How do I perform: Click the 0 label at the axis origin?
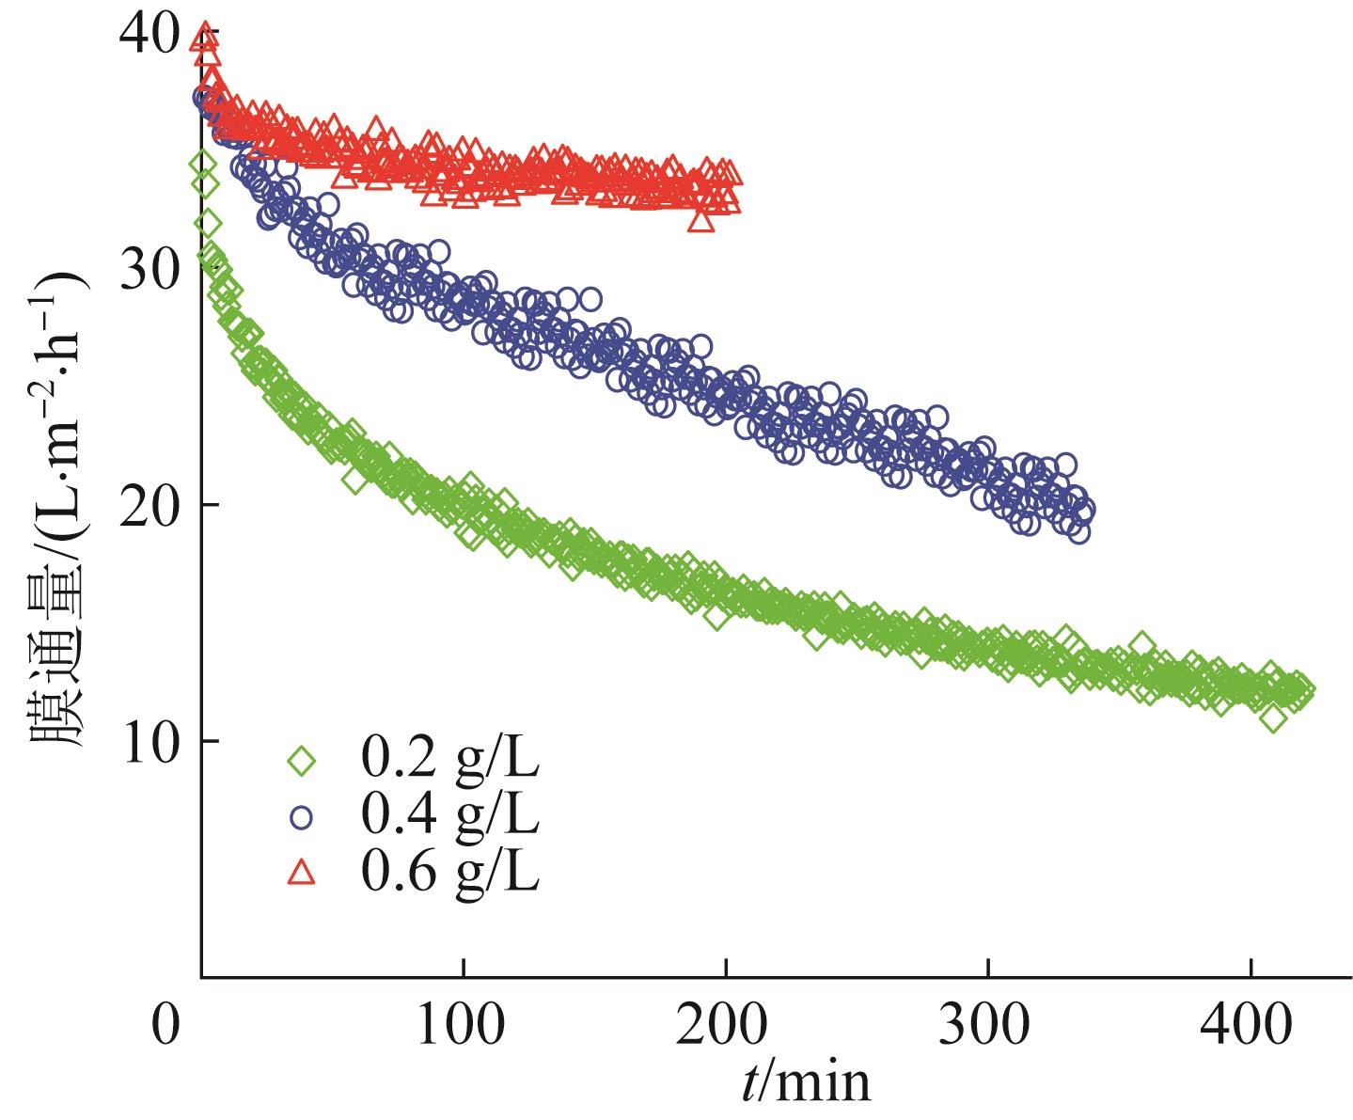(166, 1027)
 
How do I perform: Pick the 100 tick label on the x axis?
(463, 1027)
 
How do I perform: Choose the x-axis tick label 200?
(725, 1027)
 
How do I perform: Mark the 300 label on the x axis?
(988, 1027)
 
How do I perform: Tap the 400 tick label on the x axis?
(1251, 1027)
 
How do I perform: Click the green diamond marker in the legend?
(302, 759)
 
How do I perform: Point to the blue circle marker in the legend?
(302, 817)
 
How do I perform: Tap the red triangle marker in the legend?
(302, 874)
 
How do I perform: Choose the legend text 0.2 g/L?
(449, 759)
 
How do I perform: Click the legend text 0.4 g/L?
(449, 816)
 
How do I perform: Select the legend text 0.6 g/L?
(449, 873)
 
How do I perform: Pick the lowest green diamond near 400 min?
(1274, 718)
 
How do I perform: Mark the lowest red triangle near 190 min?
(700, 220)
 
